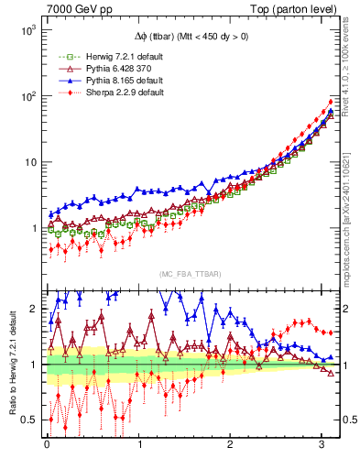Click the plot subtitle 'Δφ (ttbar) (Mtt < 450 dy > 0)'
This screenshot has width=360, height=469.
(190, 38)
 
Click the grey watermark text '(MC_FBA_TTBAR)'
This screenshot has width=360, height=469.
(190, 275)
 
